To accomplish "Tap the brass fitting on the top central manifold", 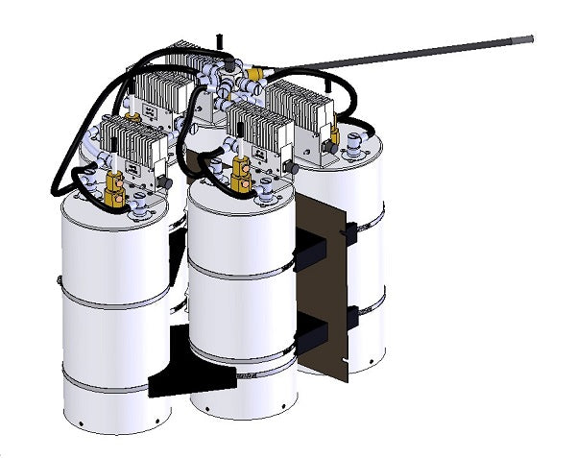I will [x=254, y=73].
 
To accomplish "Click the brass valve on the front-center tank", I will [x=241, y=174].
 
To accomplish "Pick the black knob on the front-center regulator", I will [x=288, y=167].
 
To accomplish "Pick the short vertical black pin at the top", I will [x=222, y=40].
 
